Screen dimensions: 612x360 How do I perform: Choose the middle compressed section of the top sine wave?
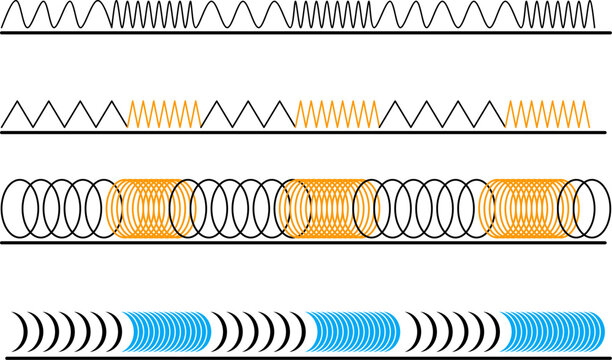335,15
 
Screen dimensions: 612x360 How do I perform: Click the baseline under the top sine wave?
300,33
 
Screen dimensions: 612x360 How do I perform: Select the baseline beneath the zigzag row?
300,131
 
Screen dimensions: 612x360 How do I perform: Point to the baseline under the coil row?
300,243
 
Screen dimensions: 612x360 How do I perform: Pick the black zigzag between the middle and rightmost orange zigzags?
442,113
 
